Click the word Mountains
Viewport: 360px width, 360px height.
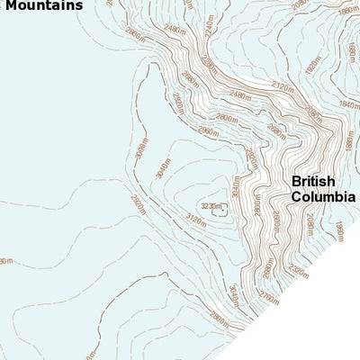(42, 4)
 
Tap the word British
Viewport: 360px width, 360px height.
(313, 181)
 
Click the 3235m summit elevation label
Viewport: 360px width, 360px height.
(211, 206)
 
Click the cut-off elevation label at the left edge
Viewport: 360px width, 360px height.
(5, 261)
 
